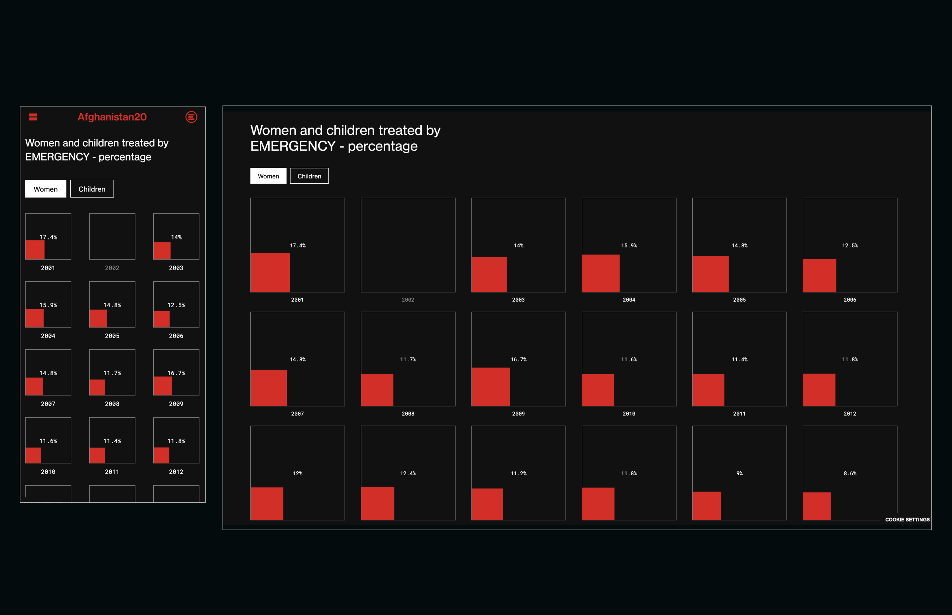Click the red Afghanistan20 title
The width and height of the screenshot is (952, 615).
coord(112,117)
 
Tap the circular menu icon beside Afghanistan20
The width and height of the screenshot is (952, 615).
coord(191,117)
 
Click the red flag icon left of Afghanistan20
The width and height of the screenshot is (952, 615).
coord(33,117)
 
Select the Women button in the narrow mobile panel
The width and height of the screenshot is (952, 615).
coord(46,189)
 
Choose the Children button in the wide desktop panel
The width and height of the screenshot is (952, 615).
coord(309,176)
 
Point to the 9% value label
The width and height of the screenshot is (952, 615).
coord(740,474)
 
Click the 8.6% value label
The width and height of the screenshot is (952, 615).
coord(850,474)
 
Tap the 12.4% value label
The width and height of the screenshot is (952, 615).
coord(408,474)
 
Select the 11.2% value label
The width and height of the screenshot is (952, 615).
coord(518,474)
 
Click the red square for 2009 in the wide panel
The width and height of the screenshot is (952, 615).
coord(491,386)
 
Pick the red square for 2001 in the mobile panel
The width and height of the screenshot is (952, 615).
coord(35,250)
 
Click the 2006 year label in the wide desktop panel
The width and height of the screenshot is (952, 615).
coord(850,300)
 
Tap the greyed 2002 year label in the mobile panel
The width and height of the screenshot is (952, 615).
coord(112,268)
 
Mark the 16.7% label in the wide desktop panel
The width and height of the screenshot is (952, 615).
coord(518,360)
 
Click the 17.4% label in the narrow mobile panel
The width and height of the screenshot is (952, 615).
coord(48,237)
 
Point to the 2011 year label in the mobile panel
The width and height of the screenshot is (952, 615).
coord(112,472)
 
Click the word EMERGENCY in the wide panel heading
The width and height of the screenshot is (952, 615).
coord(293,146)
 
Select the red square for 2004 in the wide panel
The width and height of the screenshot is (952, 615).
coord(600,273)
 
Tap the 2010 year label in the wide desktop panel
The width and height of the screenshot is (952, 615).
coord(629,414)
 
